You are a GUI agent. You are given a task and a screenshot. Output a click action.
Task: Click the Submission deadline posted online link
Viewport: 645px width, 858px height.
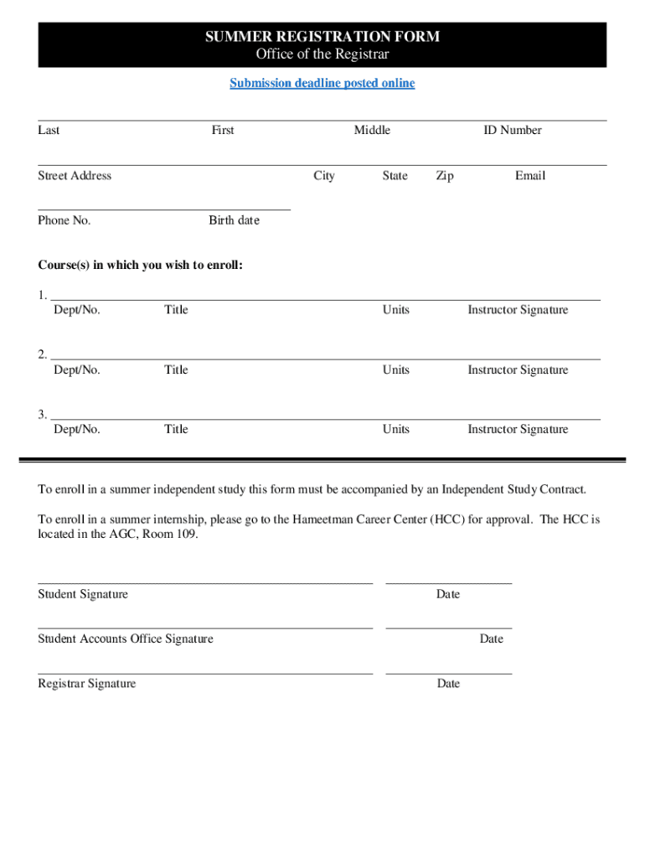click(322, 83)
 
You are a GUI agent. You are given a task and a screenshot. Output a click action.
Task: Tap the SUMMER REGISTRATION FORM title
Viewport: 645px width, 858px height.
click(322, 37)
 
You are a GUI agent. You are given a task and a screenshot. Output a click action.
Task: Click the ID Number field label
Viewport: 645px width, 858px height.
click(512, 130)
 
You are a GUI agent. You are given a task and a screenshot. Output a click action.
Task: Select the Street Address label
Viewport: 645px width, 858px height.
click(75, 175)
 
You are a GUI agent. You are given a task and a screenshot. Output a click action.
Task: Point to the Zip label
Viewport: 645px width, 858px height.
click(445, 175)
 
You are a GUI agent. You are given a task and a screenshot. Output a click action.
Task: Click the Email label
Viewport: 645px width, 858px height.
click(530, 175)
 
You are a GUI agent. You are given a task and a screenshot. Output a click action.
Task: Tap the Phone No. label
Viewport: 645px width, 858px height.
click(64, 220)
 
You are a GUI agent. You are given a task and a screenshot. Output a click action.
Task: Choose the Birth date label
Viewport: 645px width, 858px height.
click(235, 220)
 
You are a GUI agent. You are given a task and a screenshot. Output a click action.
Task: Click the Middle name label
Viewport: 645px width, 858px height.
click(372, 130)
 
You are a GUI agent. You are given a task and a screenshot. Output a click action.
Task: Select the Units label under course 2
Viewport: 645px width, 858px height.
click(396, 370)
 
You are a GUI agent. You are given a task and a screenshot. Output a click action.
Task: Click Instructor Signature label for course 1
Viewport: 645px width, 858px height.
click(518, 310)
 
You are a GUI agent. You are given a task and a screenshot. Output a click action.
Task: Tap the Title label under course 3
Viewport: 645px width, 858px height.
click(176, 429)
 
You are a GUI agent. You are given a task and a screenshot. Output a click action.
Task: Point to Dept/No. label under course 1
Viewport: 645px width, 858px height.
click(77, 310)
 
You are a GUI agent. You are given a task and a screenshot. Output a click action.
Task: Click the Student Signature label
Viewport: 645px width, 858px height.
click(83, 594)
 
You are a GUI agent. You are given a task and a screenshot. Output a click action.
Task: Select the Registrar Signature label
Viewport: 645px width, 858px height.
click(86, 684)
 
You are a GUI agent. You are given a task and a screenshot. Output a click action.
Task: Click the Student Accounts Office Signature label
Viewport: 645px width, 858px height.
click(126, 638)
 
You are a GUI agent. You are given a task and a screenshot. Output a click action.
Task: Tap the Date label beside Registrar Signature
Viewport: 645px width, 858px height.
click(448, 684)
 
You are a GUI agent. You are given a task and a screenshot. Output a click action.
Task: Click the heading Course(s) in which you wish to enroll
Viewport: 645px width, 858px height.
click(141, 266)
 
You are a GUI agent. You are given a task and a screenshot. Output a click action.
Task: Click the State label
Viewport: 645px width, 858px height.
click(395, 175)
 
